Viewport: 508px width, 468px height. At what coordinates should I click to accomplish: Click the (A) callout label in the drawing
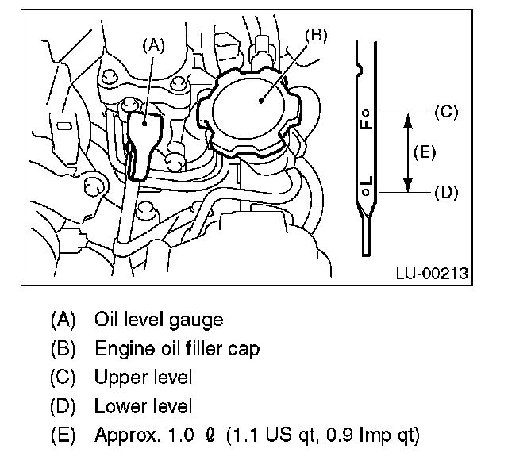click(x=153, y=45)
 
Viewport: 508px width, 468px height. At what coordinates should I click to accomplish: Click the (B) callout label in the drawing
click(x=315, y=36)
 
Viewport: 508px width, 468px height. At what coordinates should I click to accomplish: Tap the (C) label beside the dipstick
click(x=447, y=112)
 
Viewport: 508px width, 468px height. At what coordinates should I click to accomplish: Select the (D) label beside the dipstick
click(x=447, y=191)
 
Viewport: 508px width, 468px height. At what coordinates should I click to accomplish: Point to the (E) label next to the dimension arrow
click(x=425, y=152)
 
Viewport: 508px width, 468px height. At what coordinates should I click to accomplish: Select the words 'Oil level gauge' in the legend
click(x=158, y=320)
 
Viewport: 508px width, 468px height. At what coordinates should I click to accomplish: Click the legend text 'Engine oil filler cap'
click(x=176, y=348)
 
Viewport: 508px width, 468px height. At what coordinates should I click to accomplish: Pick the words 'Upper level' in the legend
click(x=143, y=378)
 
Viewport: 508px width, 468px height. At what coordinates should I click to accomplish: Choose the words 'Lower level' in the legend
click(x=143, y=407)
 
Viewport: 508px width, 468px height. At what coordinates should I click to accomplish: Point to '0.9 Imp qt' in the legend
click(x=374, y=435)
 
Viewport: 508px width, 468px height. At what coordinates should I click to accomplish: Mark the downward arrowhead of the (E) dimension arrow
click(x=408, y=186)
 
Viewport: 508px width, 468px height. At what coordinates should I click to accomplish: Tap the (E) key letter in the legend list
click(x=63, y=435)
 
